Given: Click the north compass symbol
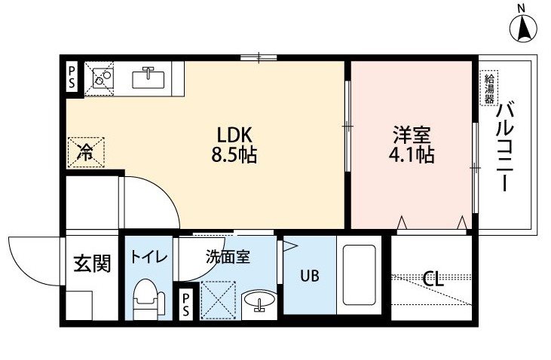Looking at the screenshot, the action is click(523, 26).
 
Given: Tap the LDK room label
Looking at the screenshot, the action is click(234, 135).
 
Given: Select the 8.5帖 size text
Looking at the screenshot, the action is click(234, 155).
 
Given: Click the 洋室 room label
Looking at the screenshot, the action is click(412, 135).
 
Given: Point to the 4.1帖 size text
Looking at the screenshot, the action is click(412, 155).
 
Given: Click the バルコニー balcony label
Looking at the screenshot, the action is click(505, 146).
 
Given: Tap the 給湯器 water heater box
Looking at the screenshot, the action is click(489, 88).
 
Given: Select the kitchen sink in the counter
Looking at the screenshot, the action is click(148, 78).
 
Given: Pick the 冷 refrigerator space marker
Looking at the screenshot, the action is click(85, 152).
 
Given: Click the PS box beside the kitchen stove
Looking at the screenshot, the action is click(72, 78).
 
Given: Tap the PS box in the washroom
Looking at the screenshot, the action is click(185, 304).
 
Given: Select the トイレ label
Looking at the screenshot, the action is click(148, 258).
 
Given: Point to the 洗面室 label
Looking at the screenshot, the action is click(228, 257).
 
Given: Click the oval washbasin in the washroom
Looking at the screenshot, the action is click(260, 300).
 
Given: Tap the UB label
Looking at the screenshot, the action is click(310, 276).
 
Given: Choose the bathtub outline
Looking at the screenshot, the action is click(359, 275).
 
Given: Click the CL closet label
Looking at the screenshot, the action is click(433, 280).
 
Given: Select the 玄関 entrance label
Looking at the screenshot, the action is click(92, 264).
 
